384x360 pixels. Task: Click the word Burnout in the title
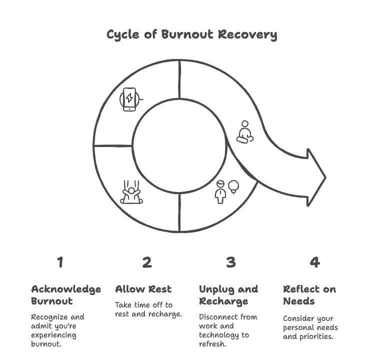coord(187,34)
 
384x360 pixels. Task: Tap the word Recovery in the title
coord(247,34)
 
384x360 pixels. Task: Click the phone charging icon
coord(130,99)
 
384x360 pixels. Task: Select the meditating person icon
coord(245,132)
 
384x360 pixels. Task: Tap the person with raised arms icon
coord(131,192)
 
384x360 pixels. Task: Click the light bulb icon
coord(233,187)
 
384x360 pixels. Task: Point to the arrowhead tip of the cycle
coord(325,177)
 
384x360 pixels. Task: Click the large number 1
coord(60,262)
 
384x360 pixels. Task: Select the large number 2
coord(147,262)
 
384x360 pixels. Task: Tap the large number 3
coord(231,262)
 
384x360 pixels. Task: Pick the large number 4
coord(315,262)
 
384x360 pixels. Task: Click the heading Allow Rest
coord(143,289)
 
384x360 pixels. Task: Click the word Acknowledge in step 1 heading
coord(66,289)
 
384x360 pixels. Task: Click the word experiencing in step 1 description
coord(53,335)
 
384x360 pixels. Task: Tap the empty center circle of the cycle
coord(179,145)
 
